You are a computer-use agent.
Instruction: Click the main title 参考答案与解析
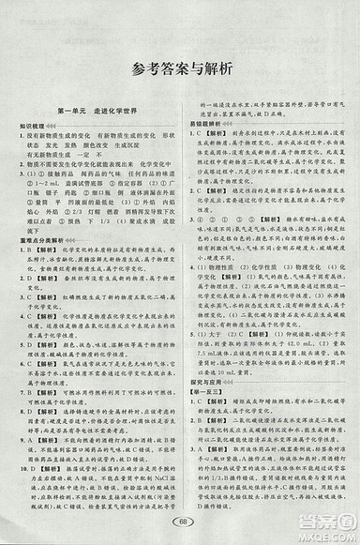click(181, 68)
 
